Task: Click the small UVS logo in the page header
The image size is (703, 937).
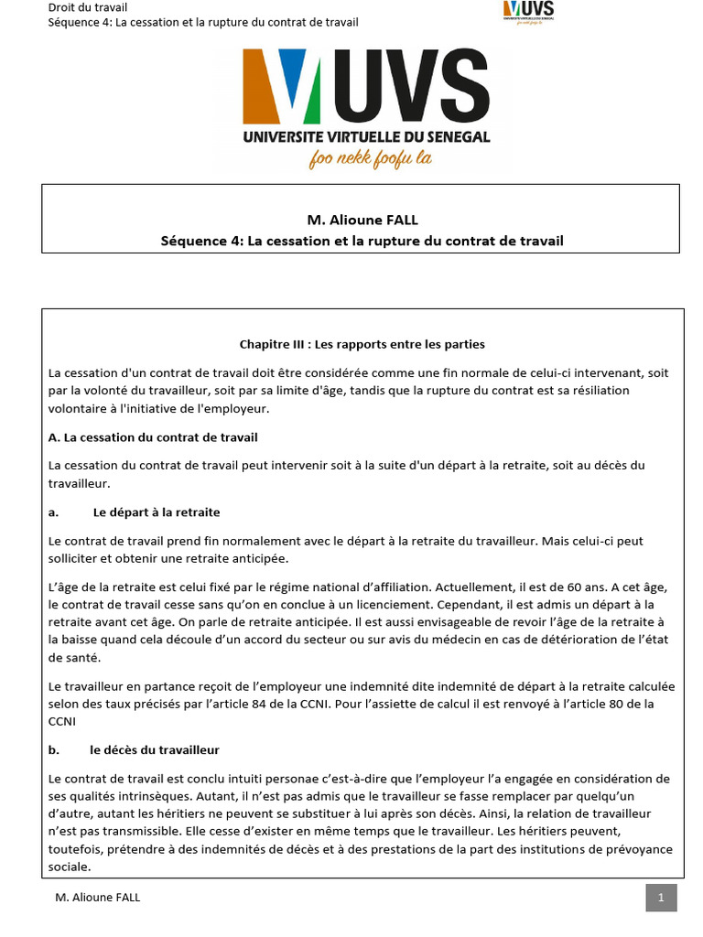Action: click(x=529, y=12)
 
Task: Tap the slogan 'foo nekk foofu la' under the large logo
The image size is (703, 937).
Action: click(x=370, y=158)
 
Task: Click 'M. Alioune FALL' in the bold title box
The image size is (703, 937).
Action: click(x=362, y=220)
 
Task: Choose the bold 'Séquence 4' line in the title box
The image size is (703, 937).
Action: click(x=362, y=241)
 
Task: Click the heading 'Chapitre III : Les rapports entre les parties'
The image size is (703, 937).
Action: click(x=362, y=344)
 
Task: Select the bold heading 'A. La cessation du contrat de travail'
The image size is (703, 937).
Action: click(x=153, y=437)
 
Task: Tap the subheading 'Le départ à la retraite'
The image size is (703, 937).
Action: click(x=157, y=512)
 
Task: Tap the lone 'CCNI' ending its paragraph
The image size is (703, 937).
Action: click(x=63, y=720)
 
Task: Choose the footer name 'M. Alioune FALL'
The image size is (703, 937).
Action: click(x=98, y=898)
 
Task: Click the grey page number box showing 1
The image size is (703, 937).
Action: click(x=661, y=897)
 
